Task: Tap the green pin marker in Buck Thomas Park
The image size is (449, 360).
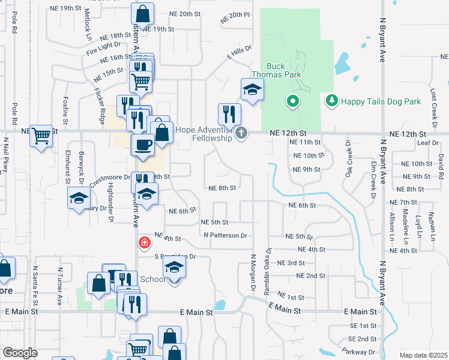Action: [x=293, y=101]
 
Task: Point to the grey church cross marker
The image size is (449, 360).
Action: [x=241, y=133]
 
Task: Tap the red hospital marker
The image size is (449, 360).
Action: [x=144, y=243]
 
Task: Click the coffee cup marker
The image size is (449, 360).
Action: [x=143, y=143]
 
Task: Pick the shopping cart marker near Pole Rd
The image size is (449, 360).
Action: [x=41, y=136]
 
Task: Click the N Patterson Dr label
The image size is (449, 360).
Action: [x=225, y=236]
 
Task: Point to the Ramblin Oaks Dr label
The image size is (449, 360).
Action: [x=268, y=271]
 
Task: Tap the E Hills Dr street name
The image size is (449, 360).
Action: [x=238, y=54]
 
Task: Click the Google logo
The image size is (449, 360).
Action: [x=20, y=353]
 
